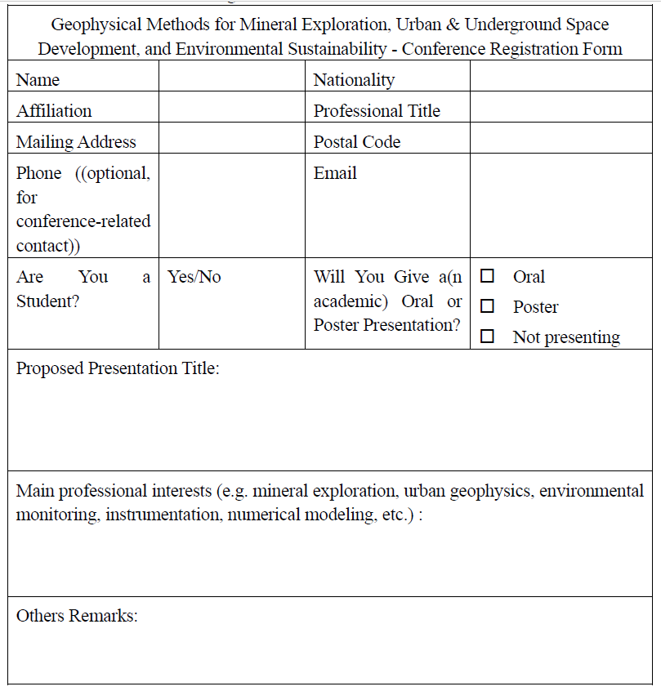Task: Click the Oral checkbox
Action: (x=488, y=276)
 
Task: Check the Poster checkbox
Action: (x=488, y=306)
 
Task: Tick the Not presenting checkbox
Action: (x=488, y=337)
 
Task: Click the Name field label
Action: (x=38, y=80)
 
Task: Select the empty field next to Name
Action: (x=231, y=80)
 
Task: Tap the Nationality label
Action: (x=354, y=80)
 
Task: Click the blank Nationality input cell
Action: (x=561, y=80)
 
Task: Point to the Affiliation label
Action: (x=54, y=111)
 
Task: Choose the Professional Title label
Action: (x=377, y=111)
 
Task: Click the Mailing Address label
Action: (x=76, y=142)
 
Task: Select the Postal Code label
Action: (x=357, y=142)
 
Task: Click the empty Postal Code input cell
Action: (x=561, y=142)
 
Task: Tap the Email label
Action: (x=335, y=173)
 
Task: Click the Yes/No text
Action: (x=194, y=277)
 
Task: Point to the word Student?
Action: (x=47, y=301)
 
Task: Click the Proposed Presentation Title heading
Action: (x=118, y=368)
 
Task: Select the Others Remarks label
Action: (x=77, y=616)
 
